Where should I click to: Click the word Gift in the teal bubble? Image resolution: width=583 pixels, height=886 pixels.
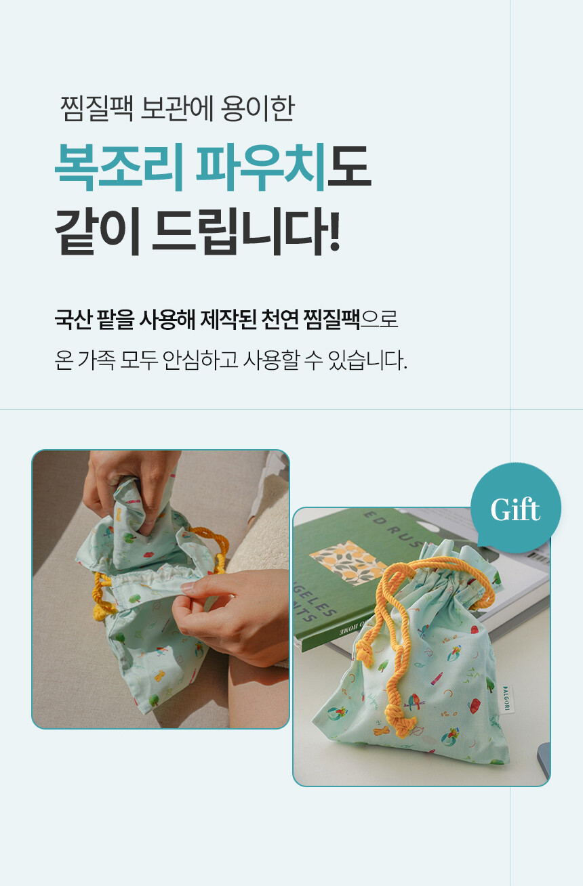[x=515, y=509]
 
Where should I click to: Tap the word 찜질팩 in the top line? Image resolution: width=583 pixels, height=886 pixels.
[x=96, y=108]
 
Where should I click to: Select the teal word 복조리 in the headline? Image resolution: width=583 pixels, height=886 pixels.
[x=119, y=167]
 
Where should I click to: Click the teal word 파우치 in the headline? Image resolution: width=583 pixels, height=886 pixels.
[x=261, y=167]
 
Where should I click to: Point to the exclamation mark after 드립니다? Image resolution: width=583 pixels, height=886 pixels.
[x=334, y=231]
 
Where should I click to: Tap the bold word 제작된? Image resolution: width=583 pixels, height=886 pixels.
[x=228, y=319]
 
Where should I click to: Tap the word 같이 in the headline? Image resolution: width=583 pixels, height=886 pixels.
[x=98, y=231]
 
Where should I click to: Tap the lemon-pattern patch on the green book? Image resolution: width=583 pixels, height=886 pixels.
[x=348, y=562]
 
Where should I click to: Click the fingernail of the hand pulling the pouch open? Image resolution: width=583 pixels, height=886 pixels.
[x=188, y=588]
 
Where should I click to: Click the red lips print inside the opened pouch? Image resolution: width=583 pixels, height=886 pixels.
[x=149, y=555]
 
